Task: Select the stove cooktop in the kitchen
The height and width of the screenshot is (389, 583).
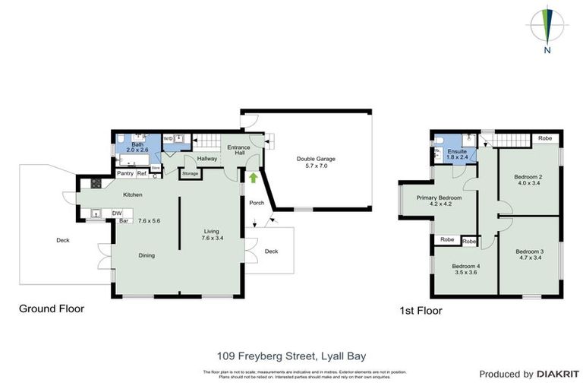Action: coord(96,183)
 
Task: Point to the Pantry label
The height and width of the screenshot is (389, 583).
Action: coord(125,173)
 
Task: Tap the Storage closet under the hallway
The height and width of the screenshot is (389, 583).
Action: coord(190,173)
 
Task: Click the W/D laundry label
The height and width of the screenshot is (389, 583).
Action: coord(168,139)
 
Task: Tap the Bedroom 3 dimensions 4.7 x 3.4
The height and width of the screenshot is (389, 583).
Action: coord(530,259)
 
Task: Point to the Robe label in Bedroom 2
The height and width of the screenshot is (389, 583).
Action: coord(544,138)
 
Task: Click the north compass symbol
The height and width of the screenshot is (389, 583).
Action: coord(547,27)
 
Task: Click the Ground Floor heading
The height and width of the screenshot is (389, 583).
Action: coord(52,308)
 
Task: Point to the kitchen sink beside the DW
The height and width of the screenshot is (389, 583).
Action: coord(96,213)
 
